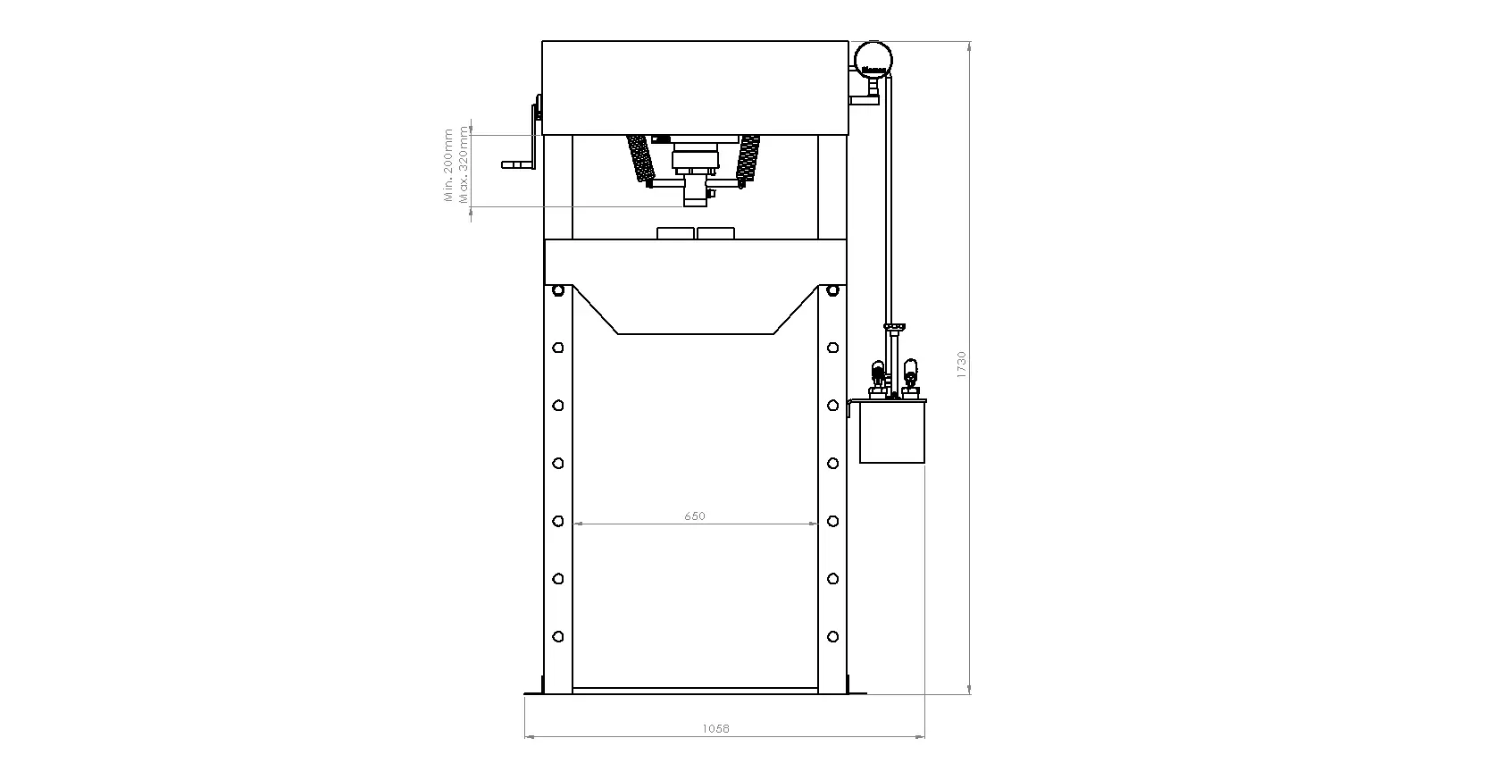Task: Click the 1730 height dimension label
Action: [962, 365]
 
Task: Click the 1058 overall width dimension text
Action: [715, 729]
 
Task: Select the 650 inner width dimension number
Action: [695, 516]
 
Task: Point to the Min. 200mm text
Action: [448, 165]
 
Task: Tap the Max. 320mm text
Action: [463, 165]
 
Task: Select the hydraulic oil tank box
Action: [891, 433]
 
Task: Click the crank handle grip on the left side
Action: [514, 165]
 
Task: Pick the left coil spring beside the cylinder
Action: [639, 158]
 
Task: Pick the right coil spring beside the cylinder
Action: [748, 158]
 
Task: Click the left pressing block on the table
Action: [675, 233]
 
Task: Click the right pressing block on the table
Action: [715, 233]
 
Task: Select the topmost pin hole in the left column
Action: [558, 290]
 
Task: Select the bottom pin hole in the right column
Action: [832, 637]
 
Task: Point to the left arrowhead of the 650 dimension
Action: [578, 524]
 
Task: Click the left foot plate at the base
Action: [534, 692]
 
